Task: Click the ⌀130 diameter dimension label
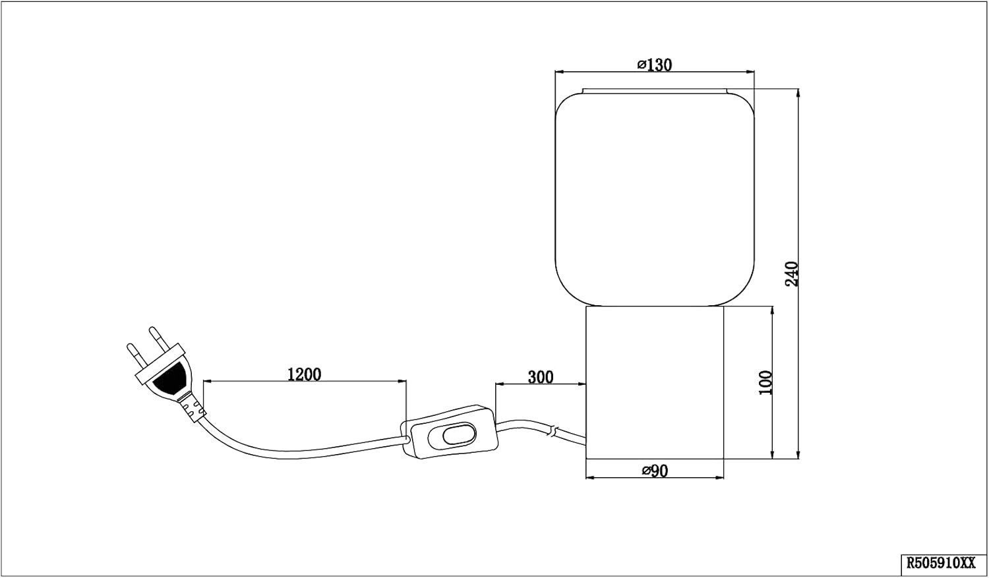click(x=654, y=65)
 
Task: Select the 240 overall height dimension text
click(x=792, y=274)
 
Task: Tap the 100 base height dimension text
click(x=765, y=382)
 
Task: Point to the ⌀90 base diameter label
click(x=655, y=471)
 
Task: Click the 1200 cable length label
click(x=304, y=374)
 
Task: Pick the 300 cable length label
click(x=541, y=377)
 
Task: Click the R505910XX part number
click(x=944, y=563)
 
